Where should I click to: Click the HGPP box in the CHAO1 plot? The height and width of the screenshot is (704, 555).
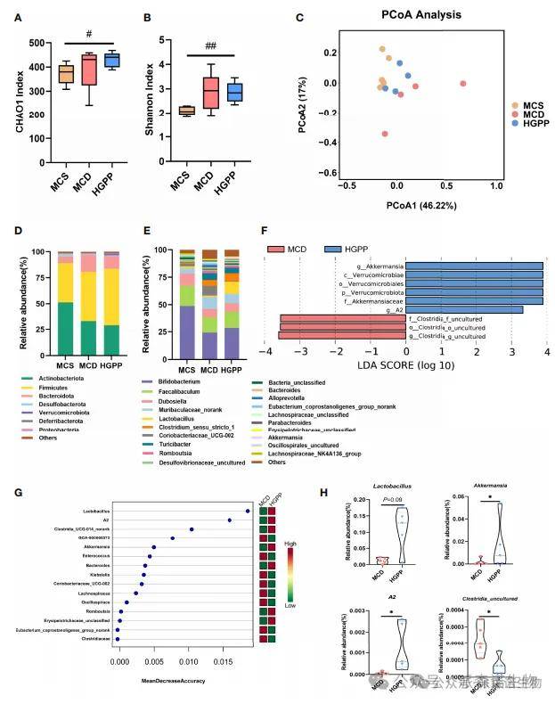(112, 60)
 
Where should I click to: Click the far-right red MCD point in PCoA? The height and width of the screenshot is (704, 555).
(462, 84)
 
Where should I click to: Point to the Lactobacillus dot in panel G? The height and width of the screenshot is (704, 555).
(247, 511)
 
